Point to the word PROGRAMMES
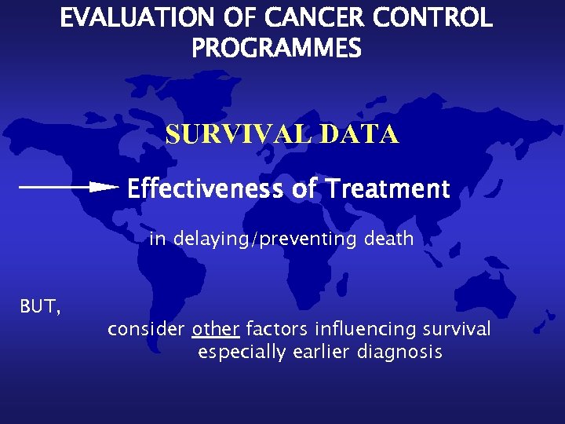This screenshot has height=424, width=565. (276, 49)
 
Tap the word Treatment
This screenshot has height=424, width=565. (388, 189)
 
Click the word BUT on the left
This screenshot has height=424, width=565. (38, 306)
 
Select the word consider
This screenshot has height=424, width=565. (146, 329)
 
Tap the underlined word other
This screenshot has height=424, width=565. (215, 329)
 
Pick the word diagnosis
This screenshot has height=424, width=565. (399, 353)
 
